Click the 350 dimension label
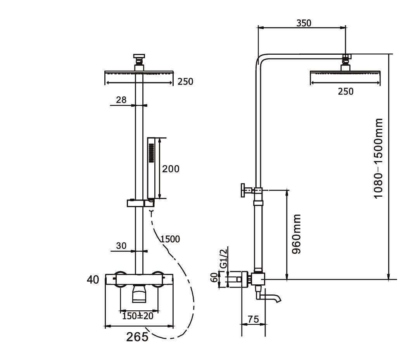304,23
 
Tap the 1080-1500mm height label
378,158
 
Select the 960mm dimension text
297,234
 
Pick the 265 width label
137,337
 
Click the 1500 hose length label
170,239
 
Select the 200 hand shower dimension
171,169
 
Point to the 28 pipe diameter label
121,100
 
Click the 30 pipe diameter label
121,246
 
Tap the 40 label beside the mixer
93,279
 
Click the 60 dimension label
213,278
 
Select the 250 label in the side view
345,92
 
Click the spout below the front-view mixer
140,293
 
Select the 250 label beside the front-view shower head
185,81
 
